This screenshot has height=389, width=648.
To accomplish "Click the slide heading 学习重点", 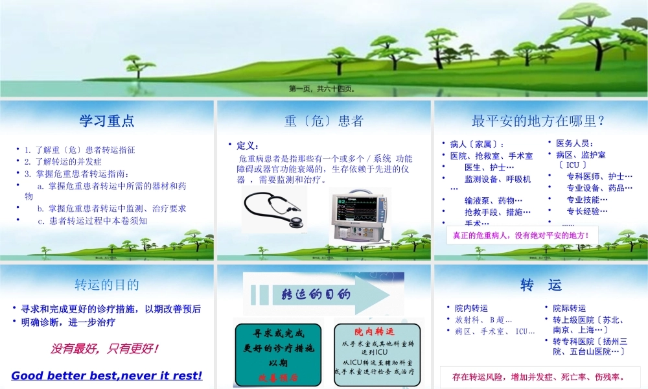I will point(107,121).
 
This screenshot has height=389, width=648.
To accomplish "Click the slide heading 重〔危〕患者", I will point(323,121).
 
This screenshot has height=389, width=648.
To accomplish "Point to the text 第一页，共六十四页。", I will point(321,89).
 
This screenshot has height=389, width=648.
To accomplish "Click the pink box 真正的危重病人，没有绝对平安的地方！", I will point(521,235).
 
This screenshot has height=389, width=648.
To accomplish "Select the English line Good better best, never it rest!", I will point(107,375).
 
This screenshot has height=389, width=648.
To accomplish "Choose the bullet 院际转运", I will point(569,308).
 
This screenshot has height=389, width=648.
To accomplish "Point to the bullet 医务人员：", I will point(575,143).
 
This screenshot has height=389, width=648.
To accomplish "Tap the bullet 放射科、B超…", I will point(483,320).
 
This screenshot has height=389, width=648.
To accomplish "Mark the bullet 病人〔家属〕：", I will point(477,144).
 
